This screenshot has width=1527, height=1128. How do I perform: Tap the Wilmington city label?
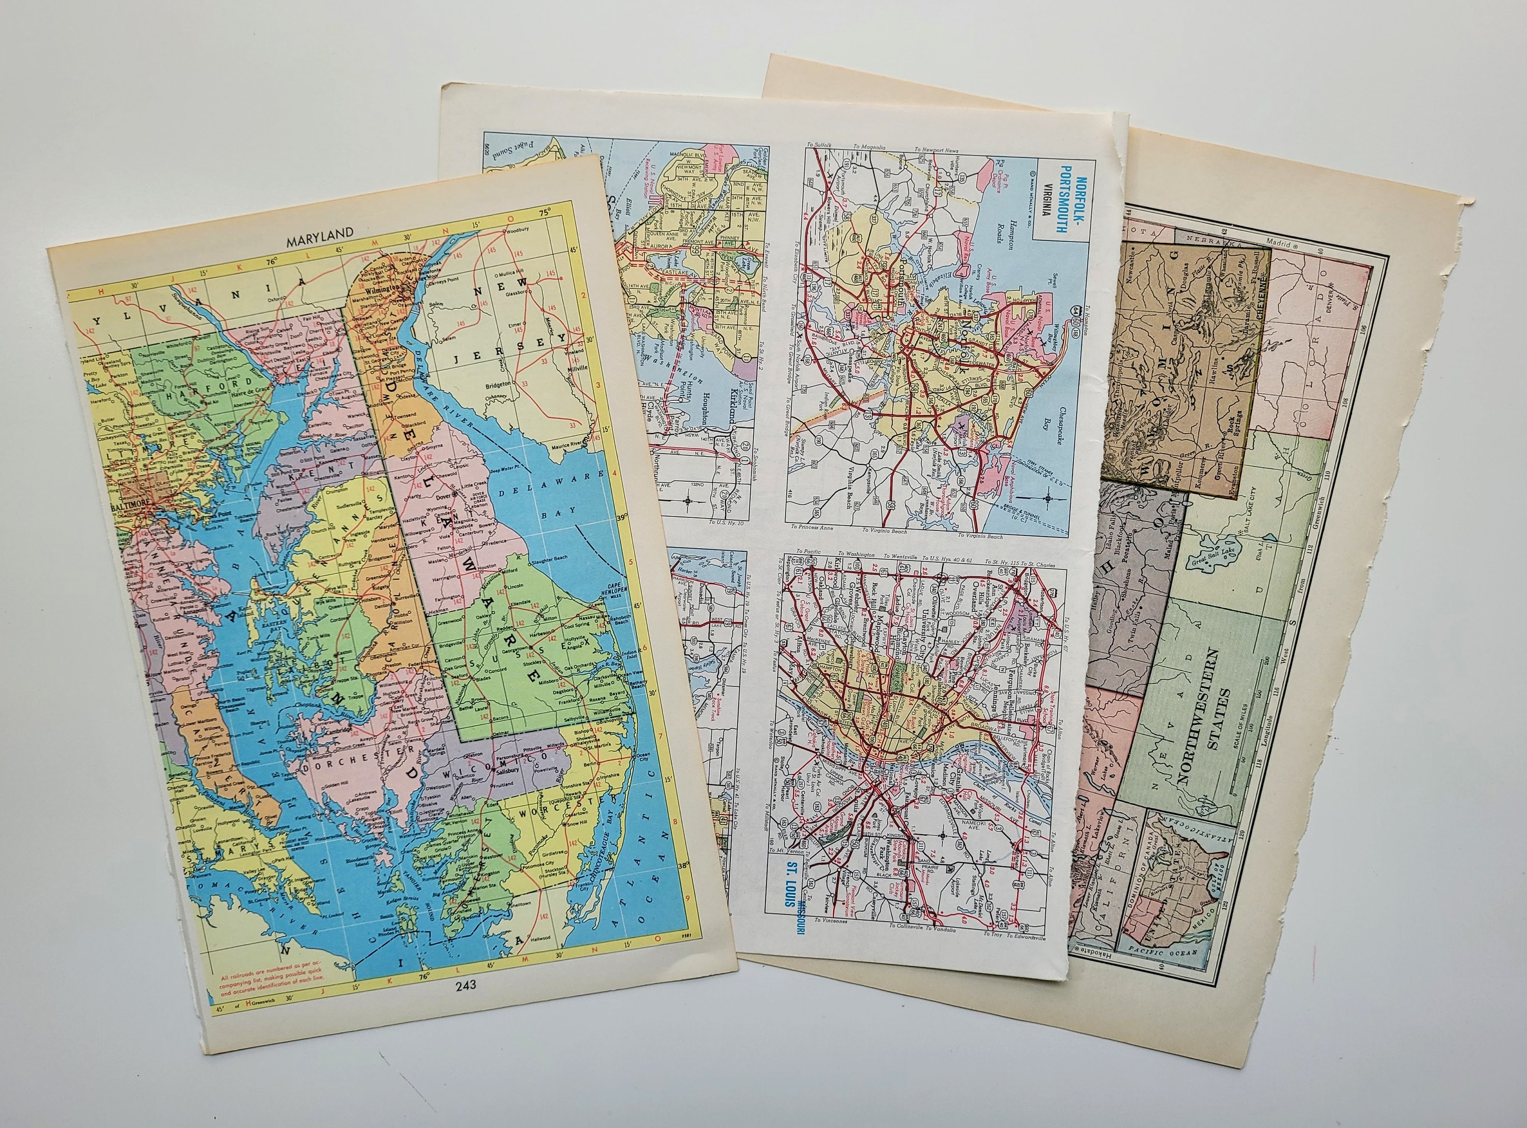point(380,289)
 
